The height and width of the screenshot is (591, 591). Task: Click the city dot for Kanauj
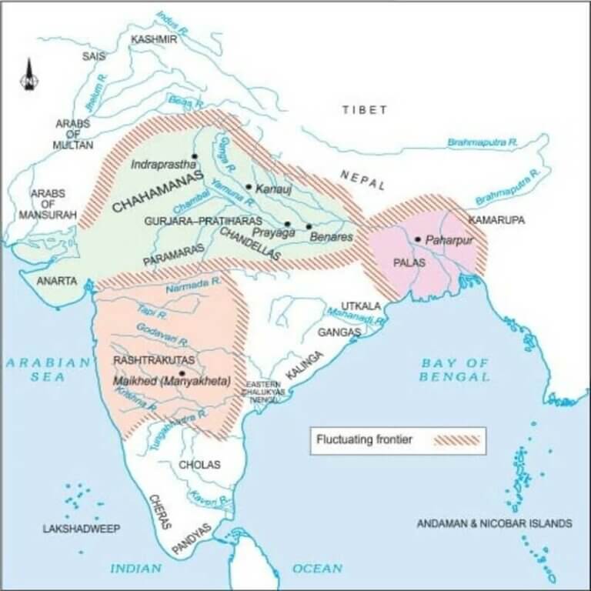(x=249, y=187)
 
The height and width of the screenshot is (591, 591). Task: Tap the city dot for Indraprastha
(x=195, y=157)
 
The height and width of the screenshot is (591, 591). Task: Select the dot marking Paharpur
(x=417, y=239)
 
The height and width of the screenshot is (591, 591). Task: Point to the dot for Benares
(x=309, y=226)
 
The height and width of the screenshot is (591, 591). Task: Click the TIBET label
(x=364, y=110)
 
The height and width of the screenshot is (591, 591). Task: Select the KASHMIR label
(x=154, y=39)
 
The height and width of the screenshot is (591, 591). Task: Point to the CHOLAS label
(x=199, y=465)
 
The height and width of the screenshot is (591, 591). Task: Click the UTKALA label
(x=356, y=306)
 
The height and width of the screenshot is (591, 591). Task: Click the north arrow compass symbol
(x=29, y=75)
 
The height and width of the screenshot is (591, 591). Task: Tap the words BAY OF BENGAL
(x=455, y=369)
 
